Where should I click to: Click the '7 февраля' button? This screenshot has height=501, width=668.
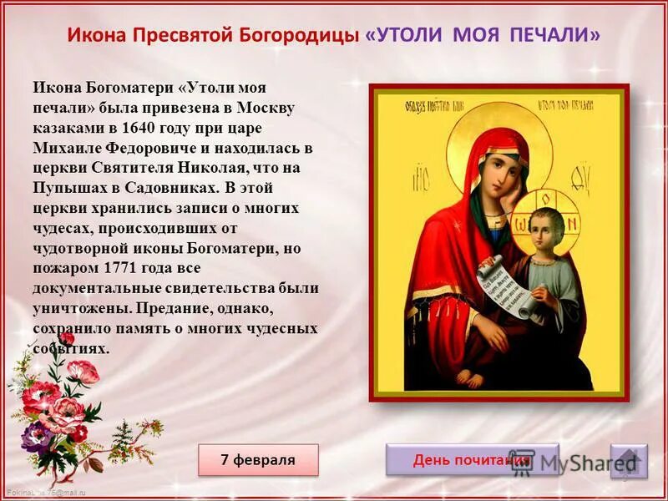[x=258, y=460]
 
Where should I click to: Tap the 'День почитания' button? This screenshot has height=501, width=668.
[x=472, y=460]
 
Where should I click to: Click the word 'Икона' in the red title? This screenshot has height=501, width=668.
[x=95, y=36]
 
